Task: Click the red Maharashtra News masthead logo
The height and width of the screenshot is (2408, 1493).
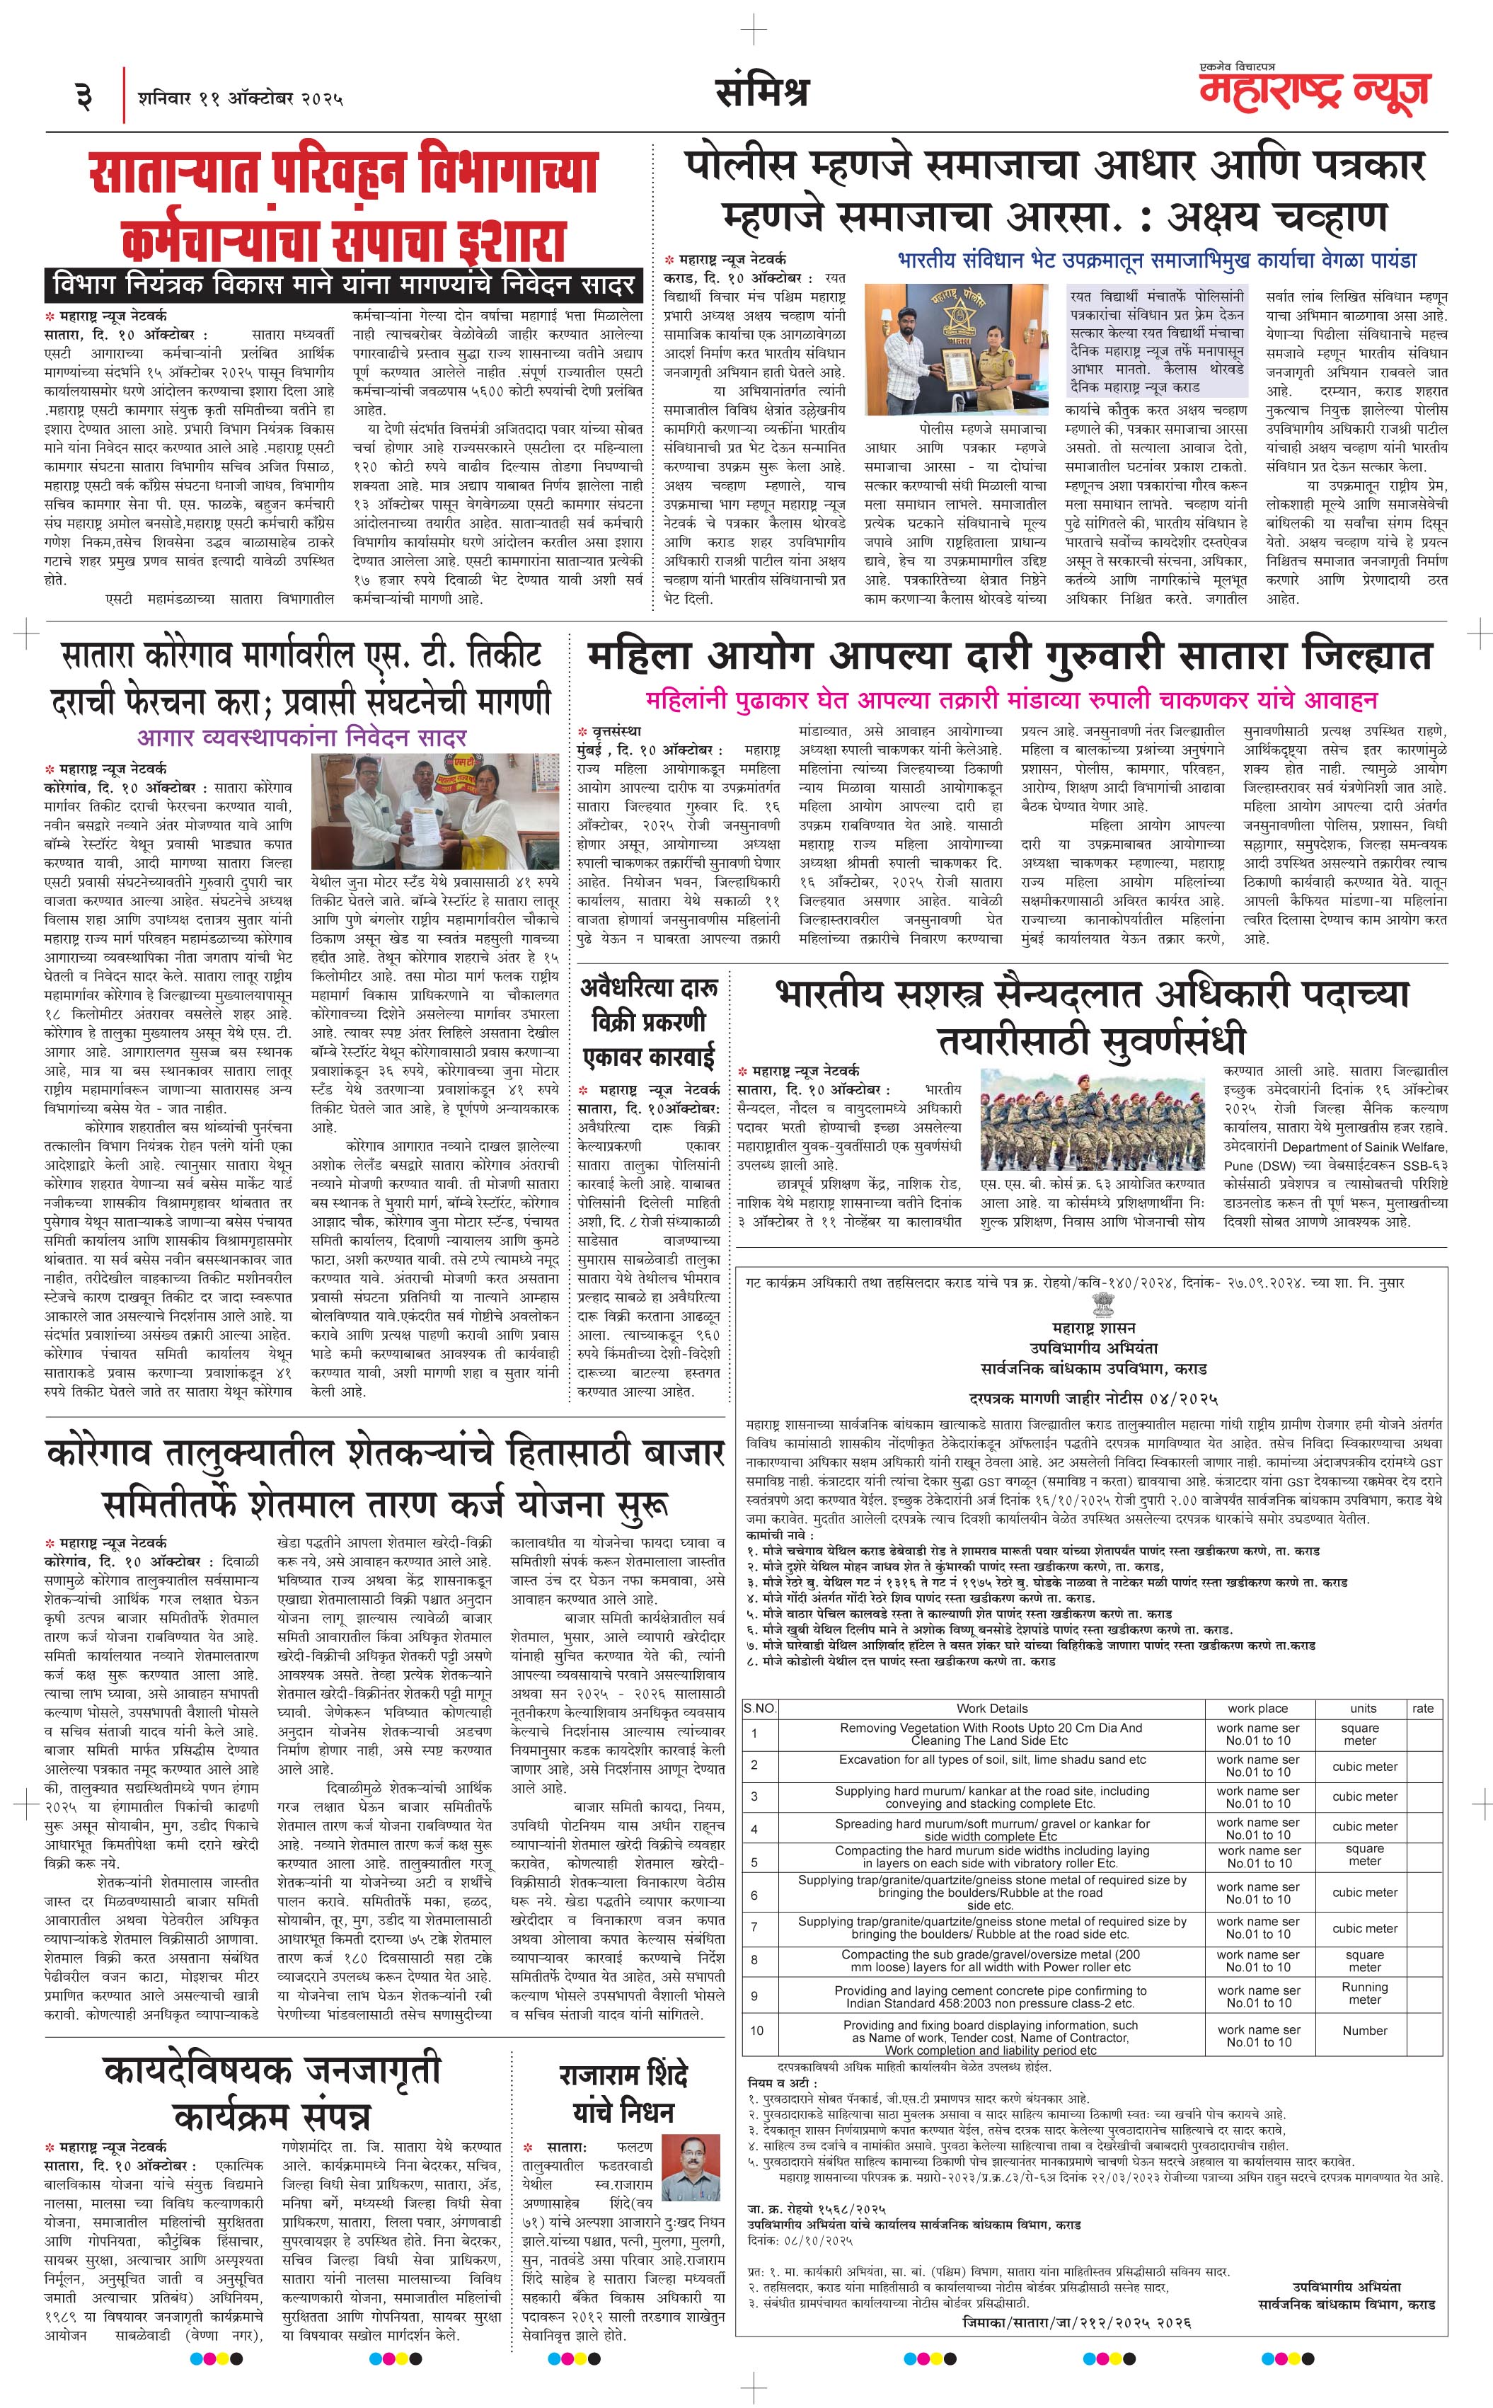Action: pos(1314,90)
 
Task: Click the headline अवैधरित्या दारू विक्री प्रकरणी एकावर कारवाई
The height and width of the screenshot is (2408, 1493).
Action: pos(647,1022)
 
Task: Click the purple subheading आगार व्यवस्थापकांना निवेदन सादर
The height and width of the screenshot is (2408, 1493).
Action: pos(302,737)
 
